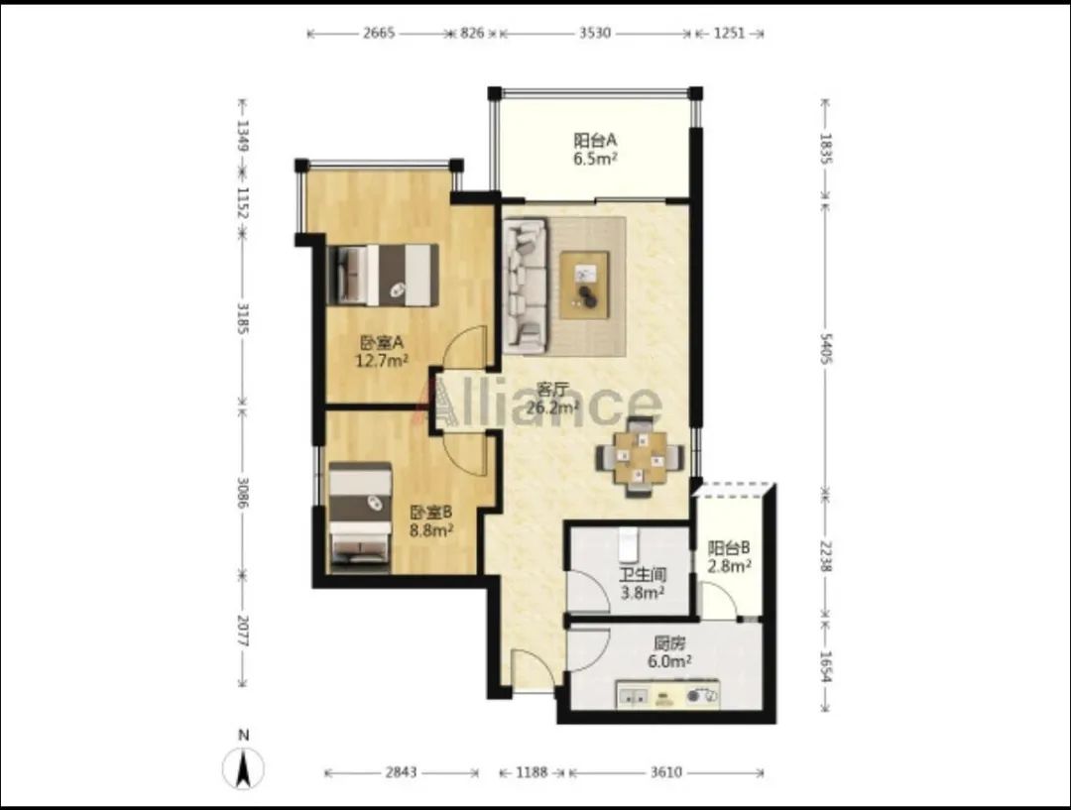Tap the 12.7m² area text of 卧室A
tap(382, 360)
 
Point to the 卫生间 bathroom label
tap(643, 575)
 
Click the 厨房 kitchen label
tap(669, 643)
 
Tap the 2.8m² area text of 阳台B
tap(730, 565)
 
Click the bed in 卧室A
tap(383, 275)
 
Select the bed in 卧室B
tap(360, 517)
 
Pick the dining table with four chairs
tap(640, 457)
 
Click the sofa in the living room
tap(526, 286)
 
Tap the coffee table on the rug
tap(584, 285)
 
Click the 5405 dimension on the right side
tap(826, 348)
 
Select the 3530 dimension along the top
tap(595, 33)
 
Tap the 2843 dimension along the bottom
tap(401, 772)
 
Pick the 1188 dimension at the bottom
tap(532, 772)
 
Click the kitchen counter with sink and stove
tap(668, 694)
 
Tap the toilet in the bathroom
tap(628, 541)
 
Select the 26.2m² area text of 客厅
tap(553, 407)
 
